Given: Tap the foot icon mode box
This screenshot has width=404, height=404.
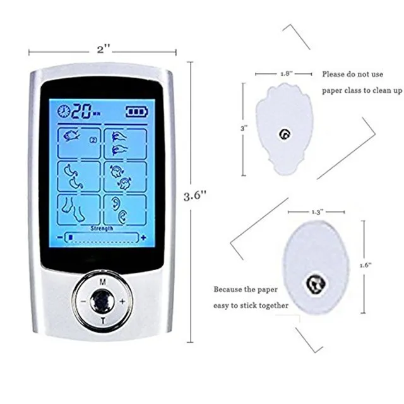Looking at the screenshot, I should click(x=79, y=208).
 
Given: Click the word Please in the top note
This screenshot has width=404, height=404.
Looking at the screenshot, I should click(x=334, y=74).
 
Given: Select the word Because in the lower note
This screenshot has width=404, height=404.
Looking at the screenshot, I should click(x=229, y=290).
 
